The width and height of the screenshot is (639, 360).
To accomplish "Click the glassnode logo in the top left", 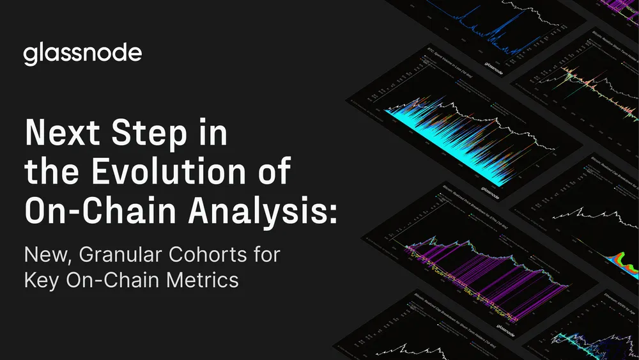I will (x=83, y=54).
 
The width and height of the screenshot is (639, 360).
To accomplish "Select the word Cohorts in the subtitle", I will (x=208, y=256).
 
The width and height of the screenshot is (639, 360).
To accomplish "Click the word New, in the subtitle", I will (x=47, y=256).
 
